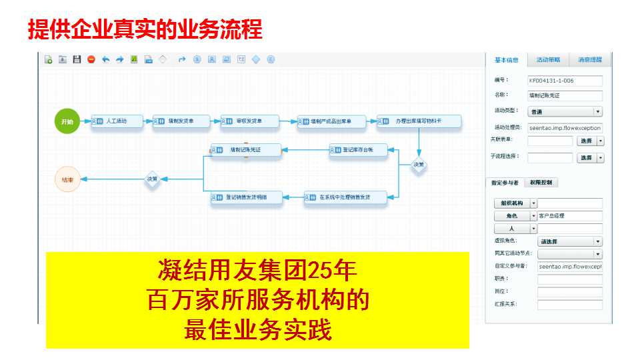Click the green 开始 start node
67,122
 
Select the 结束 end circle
67,179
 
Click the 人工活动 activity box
117,122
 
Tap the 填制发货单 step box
181,122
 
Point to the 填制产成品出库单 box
332,122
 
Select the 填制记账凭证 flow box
245,151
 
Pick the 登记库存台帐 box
359,151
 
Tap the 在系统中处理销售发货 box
345,197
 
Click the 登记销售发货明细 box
246,197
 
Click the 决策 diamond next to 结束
153,179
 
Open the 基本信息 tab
506,60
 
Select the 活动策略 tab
548,60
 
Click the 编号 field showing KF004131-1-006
565,81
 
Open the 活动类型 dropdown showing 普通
565,111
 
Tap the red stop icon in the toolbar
91,59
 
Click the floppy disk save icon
77,59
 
